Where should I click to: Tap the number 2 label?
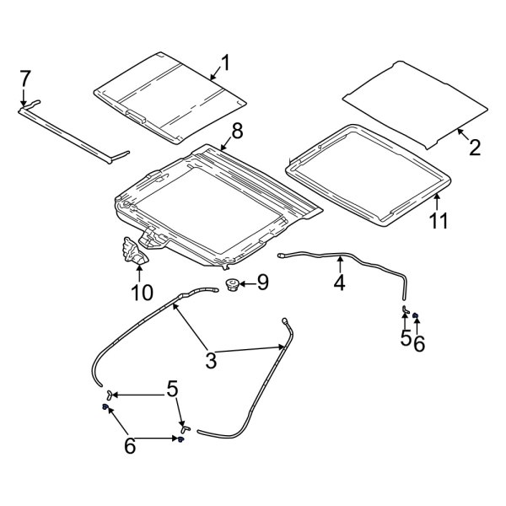475,148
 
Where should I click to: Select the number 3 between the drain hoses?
211,360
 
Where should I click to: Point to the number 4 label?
339,283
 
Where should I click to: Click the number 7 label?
25,78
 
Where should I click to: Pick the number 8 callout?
237,131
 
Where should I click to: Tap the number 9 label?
261,283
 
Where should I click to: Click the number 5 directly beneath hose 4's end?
406,338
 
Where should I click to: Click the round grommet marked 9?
230,285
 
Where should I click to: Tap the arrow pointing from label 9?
245,284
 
